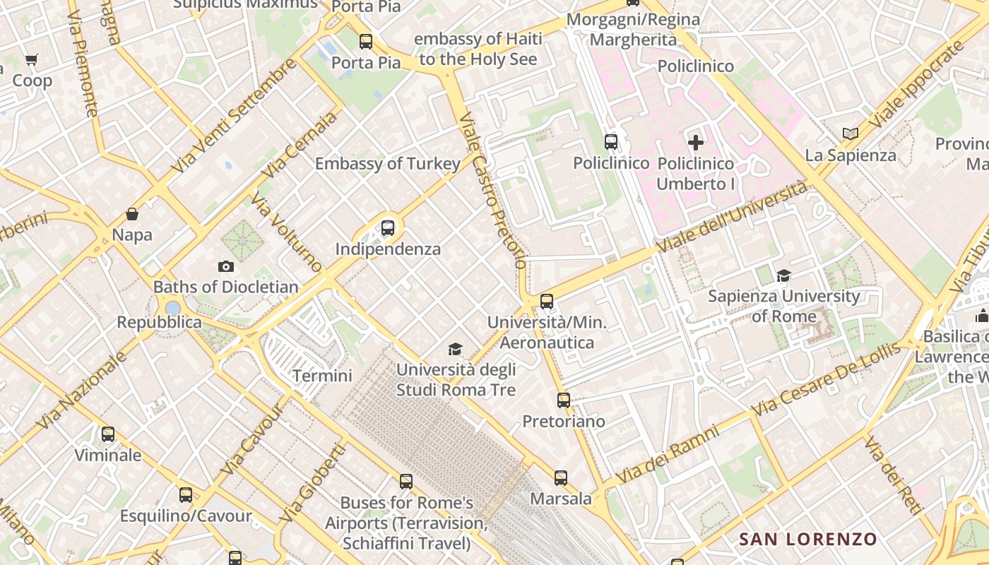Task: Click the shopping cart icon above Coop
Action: pyautogui.click(x=31, y=60)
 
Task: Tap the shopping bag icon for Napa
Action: pyautogui.click(x=132, y=214)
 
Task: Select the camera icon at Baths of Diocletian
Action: pyautogui.click(x=226, y=266)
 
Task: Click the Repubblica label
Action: pyautogui.click(x=159, y=323)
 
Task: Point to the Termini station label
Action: pyautogui.click(x=322, y=376)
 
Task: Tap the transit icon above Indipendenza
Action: pyautogui.click(x=388, y=228)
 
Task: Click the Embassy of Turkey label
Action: pyautogui.click(x=387, y=164)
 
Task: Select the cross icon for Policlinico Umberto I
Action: pyautogui.click(x=696, y=143)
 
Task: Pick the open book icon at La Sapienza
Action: pyautogui.click(x=851, y=133)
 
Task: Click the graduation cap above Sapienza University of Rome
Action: pyautogui.click(x=783, y=275)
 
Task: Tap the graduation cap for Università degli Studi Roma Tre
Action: pyautogui.click(x=456, y=349)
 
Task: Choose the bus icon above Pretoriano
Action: pyautogui.click(x=563, y=400)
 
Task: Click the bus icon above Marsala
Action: pyautogui.click(x=561, y=478)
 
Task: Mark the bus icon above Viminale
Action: pyautogui.click(x=108, y=434)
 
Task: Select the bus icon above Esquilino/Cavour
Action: pyautogui.click(x=186, y=495)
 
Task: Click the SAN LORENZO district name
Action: pyautogui.click(x=807, y=540)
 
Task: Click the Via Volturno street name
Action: pyautogui.click(x=287, y=235)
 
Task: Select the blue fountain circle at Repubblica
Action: pyautogui.click(x=172, y=308)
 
